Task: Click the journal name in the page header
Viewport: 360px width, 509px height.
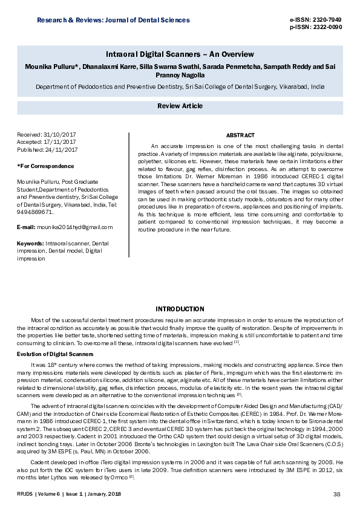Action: coord(113,20)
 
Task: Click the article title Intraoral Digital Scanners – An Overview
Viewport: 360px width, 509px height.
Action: coord(180,54)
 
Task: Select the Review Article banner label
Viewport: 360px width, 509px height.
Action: coord(180,106)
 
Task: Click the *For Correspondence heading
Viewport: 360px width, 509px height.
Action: coord(46,166)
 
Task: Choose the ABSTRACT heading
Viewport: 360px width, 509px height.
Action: coord(240,135)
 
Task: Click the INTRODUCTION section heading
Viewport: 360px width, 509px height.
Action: coord(180,309)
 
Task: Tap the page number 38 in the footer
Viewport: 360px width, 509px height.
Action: coord(337,494)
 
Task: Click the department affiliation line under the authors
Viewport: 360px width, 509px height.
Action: coord(180,86)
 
